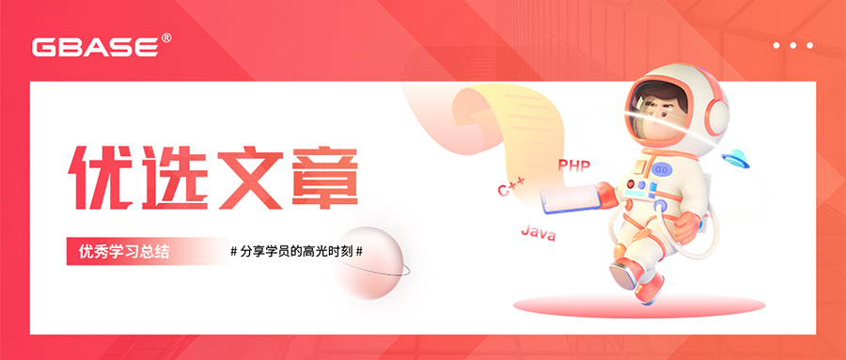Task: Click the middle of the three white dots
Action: pos(792,44)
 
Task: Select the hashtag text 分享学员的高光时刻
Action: pos(296,252)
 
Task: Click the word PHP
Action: pos(573,165)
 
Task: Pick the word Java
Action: pos(538,231)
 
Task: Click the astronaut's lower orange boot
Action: pos(648,286)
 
